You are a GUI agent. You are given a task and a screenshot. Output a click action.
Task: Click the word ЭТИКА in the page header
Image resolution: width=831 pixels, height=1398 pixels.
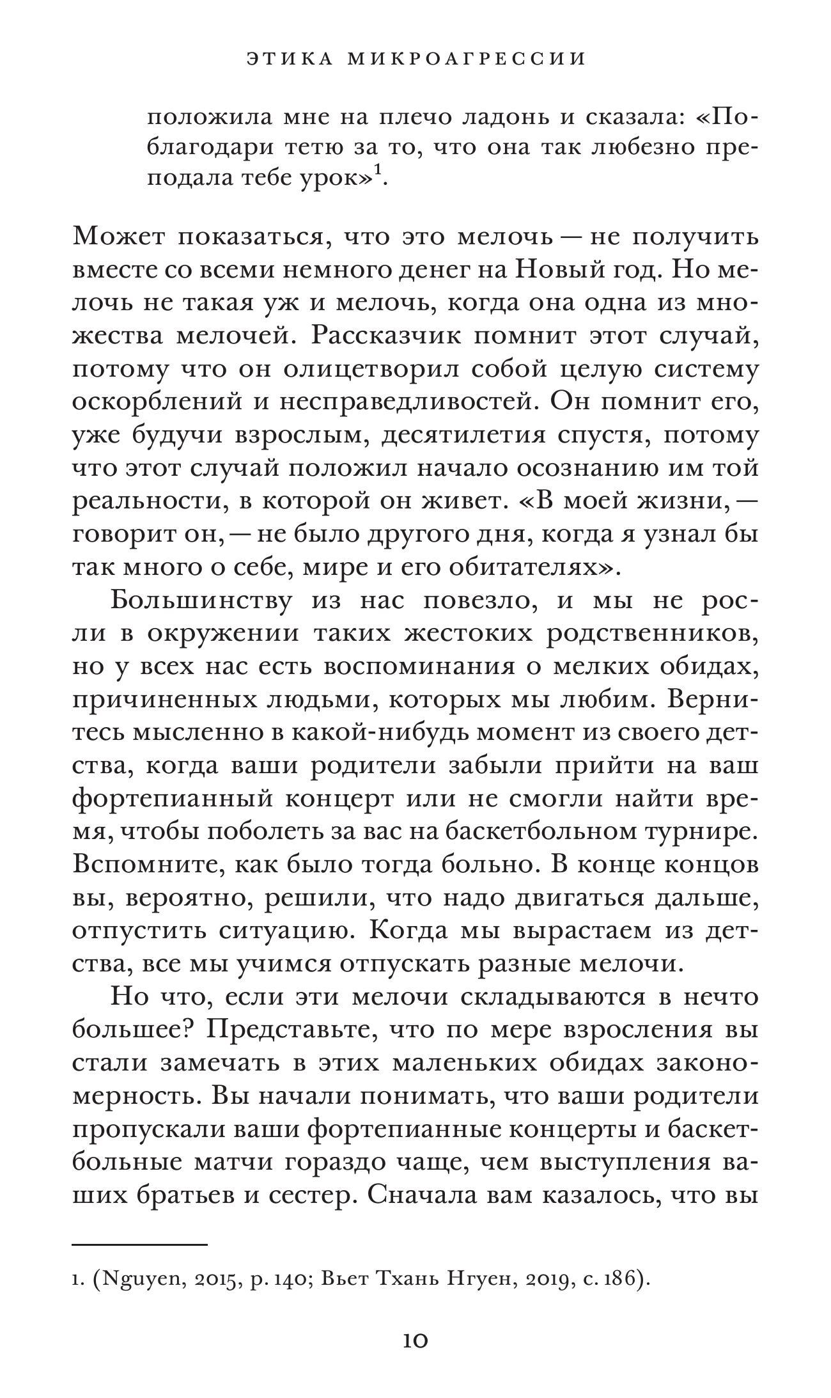tap(288, 59)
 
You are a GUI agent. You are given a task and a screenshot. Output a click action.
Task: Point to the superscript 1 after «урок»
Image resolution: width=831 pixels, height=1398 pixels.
tap(378, 171)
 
